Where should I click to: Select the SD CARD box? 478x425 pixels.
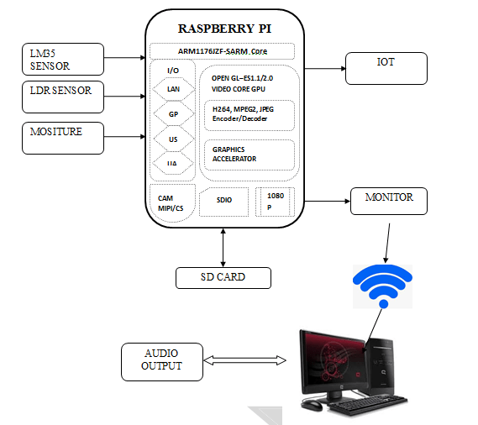click(223, 277)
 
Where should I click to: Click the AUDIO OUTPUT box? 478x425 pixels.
click(161, 359)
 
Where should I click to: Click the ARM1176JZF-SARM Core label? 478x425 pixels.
click(223, 51)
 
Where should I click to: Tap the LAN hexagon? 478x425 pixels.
click(172, 88)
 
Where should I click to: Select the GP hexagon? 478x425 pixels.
click(172, 113)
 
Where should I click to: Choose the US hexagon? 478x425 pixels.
click(172, 139)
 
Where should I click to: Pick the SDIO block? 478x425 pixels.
click(224, 201)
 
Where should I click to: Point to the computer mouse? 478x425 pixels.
click(312, 406)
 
